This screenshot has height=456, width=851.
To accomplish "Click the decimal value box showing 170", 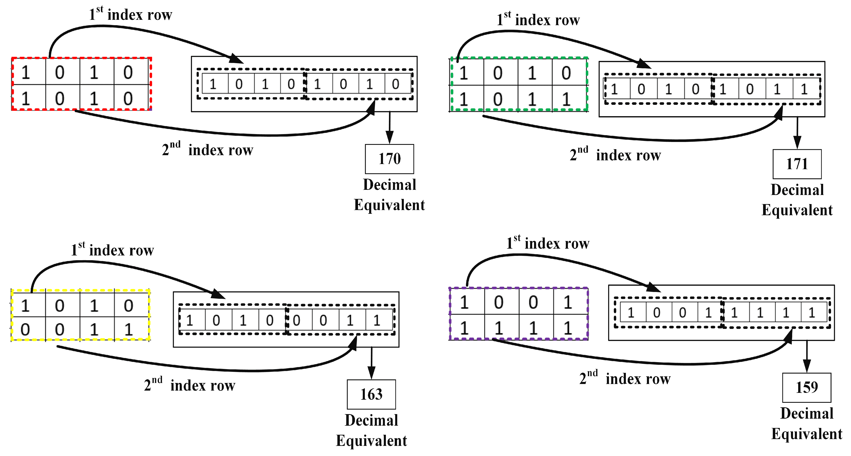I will tap(389, 159).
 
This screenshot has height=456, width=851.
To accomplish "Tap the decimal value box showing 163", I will tap(371, 395).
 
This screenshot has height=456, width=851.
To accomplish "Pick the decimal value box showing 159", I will tap(806, 387).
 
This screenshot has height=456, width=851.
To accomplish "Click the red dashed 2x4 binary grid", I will tap(81, 84).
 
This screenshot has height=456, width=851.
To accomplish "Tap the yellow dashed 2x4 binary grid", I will tap(80, 315).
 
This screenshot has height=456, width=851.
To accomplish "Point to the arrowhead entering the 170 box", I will tap(389, 137).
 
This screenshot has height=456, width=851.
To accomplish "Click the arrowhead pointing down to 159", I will tap(807, 366).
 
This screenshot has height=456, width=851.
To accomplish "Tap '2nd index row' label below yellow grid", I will tap(190, 385).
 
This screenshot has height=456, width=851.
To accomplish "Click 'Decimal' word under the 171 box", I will tap(797, 190).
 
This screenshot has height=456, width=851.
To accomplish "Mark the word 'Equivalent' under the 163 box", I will tap(371, 441).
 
